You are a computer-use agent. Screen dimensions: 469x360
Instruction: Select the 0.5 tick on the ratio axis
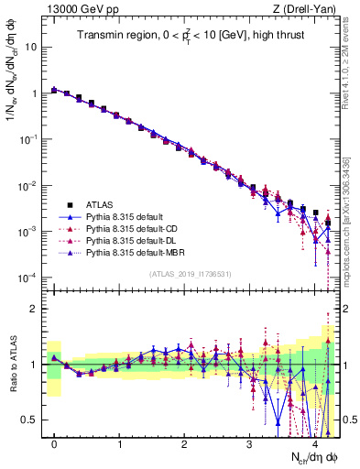point(29,420)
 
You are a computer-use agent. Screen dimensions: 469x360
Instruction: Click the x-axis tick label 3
point(249,443)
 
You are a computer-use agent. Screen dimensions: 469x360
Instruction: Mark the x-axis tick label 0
point(55,443)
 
